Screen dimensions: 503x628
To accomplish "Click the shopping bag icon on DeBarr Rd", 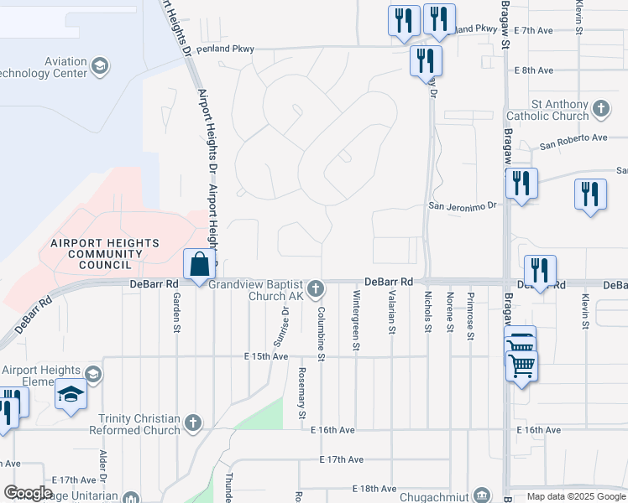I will [x=200, y=266].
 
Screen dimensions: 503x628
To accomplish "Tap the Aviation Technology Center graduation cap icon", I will [x=100, y=65].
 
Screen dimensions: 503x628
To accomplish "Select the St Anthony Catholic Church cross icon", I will [x=601, y=108].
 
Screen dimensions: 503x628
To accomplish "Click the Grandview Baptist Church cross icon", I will [x=316, y=289].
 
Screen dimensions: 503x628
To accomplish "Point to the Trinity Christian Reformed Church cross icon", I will [x=193, y=423].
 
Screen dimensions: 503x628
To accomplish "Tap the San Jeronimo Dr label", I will [x=463, y=204].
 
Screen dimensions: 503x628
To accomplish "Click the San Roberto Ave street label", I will [x=573, y=137].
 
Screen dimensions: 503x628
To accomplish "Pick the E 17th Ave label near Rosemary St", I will [x=341, y=459].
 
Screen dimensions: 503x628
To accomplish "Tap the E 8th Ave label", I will [x=534, y=70].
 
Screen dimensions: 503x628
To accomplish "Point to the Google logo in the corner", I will [x=28, y=493].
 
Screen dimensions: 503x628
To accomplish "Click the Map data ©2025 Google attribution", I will [x=577, y=496].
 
